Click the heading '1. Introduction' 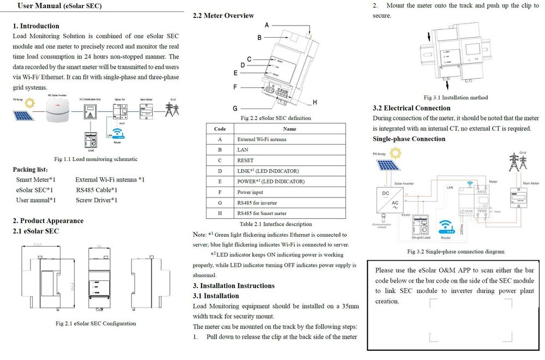pos(36,26)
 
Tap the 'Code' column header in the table pos(220,129)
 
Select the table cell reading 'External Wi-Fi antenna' pos(262,140)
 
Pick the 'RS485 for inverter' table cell pos(257,202)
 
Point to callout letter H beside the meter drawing pos(315,102)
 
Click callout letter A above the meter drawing pos(267,25)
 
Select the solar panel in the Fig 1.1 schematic pos(23,116)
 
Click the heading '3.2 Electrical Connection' pos(411,108)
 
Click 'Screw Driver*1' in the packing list pos(96,200)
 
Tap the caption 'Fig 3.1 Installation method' pos(456,98)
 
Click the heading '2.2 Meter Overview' pos(223,16)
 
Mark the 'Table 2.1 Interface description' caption pos(276,224)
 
